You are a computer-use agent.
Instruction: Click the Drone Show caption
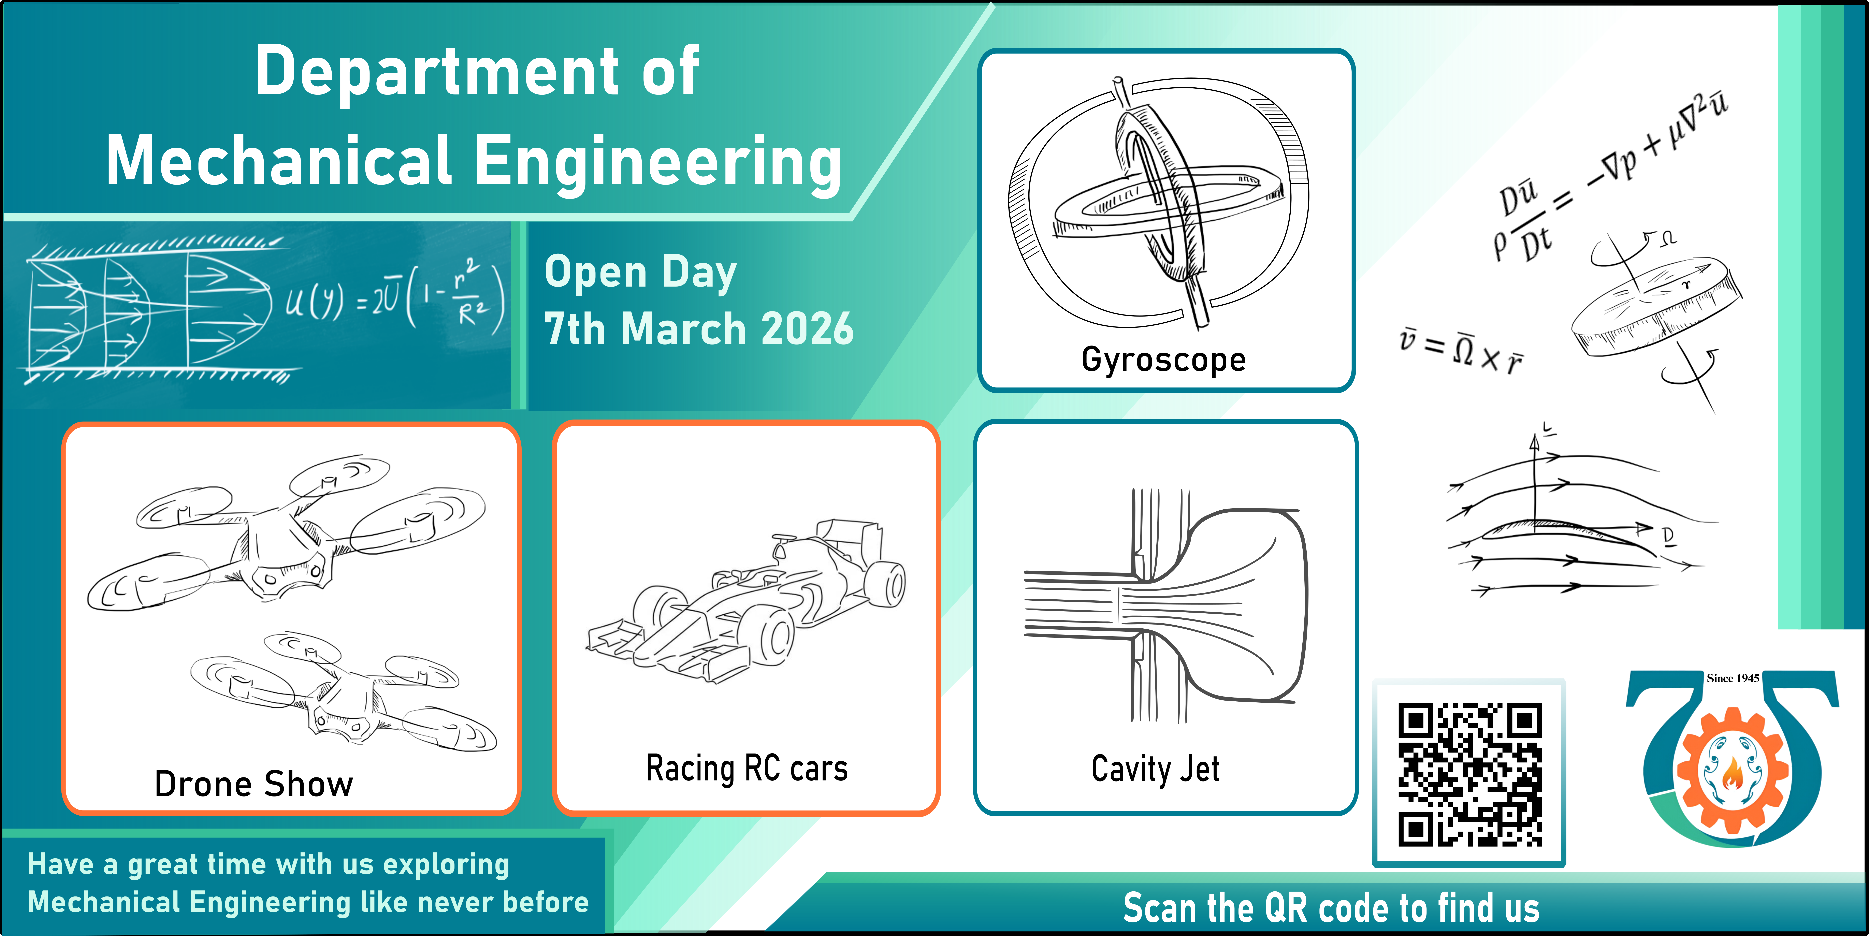click(x=254, y=784)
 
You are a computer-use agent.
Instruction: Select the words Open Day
click(x=641, y=273)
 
